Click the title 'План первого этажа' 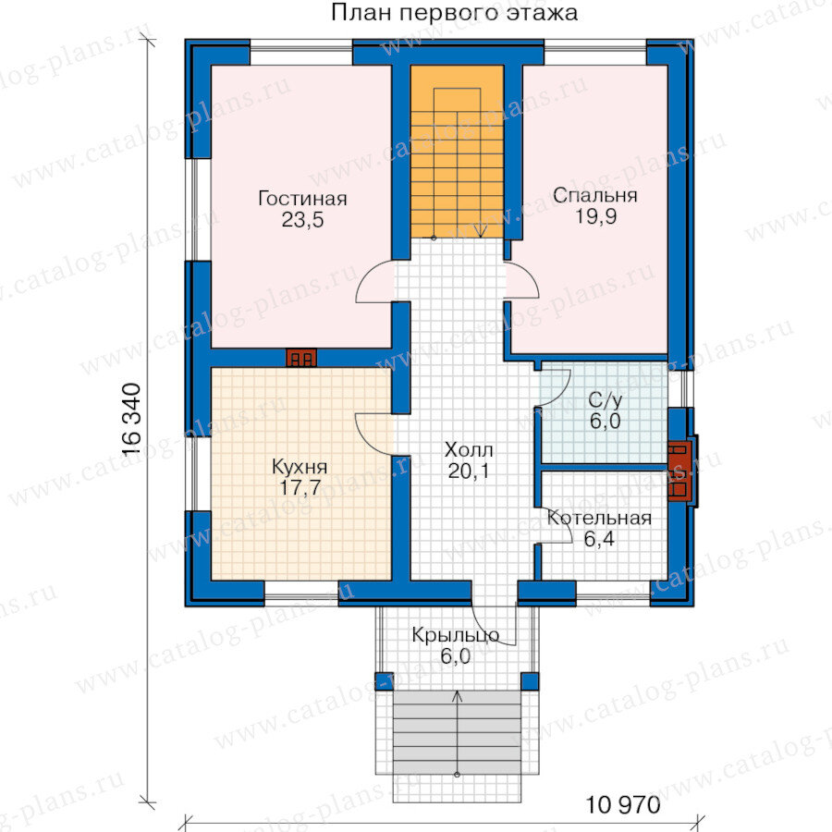point(454,13)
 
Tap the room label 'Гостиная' point(302,199)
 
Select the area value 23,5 point(302,220)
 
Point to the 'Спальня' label point(594,195)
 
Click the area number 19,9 point(596,216)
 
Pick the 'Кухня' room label point(300,467)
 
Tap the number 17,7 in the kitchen point(300,487)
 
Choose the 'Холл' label point(469,450)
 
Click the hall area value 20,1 point(469,471)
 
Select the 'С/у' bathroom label point(605,400)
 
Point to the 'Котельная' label point(599,518)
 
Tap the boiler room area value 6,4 point(599,539)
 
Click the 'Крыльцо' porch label point(455,636)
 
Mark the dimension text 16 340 point(131,420)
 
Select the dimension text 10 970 point(623,805)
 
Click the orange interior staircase point(457,152)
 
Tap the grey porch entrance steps point(457,732)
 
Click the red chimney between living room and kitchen point(301,358)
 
